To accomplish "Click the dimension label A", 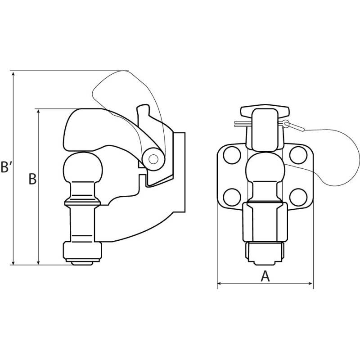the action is click(x=265, y=276).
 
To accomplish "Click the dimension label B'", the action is click(x=8, y=166).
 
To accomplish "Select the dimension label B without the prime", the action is click(x=32, y=179).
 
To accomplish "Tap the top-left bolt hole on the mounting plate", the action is click(x=232, y=155).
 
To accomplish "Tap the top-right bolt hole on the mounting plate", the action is click(x=298, y=155).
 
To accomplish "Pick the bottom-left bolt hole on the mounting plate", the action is click(x=232, y=197).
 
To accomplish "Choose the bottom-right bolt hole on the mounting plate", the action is click(x=298, y=197).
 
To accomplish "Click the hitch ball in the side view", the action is click(x=83, y=167).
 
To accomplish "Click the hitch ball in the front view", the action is click(x=265, y=167).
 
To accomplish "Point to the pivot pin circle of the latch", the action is click(x=153, y=159).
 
